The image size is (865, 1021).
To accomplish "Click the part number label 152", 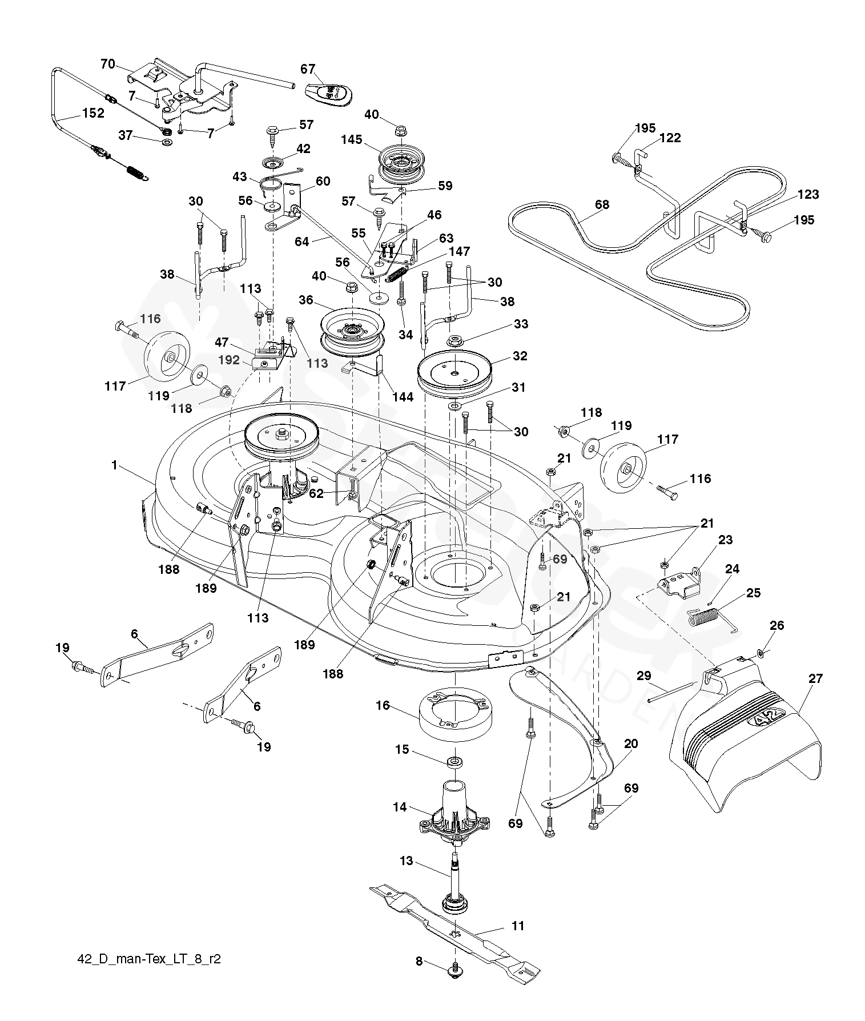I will pyautogui.click(x=93, y=113).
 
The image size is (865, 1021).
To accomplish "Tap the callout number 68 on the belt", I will pyautogui.click(x=601, y=204).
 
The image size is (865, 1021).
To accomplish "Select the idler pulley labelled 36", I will pyautogui.click(x=350, y=331).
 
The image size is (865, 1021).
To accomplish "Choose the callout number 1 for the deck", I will pyautogui.click(x=114, y=465).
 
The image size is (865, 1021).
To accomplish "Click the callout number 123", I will pyautogui.click(x=808, y=194).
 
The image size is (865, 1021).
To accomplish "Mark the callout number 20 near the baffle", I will pyautogui.click(x=631, y=743).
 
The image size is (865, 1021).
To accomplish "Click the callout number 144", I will pyautogui.click(x=403, y=397).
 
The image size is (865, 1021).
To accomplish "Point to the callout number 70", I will pyautogui.click(x=108, y=64).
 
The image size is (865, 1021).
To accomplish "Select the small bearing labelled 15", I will pyautogui.click(x=455, y=762).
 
